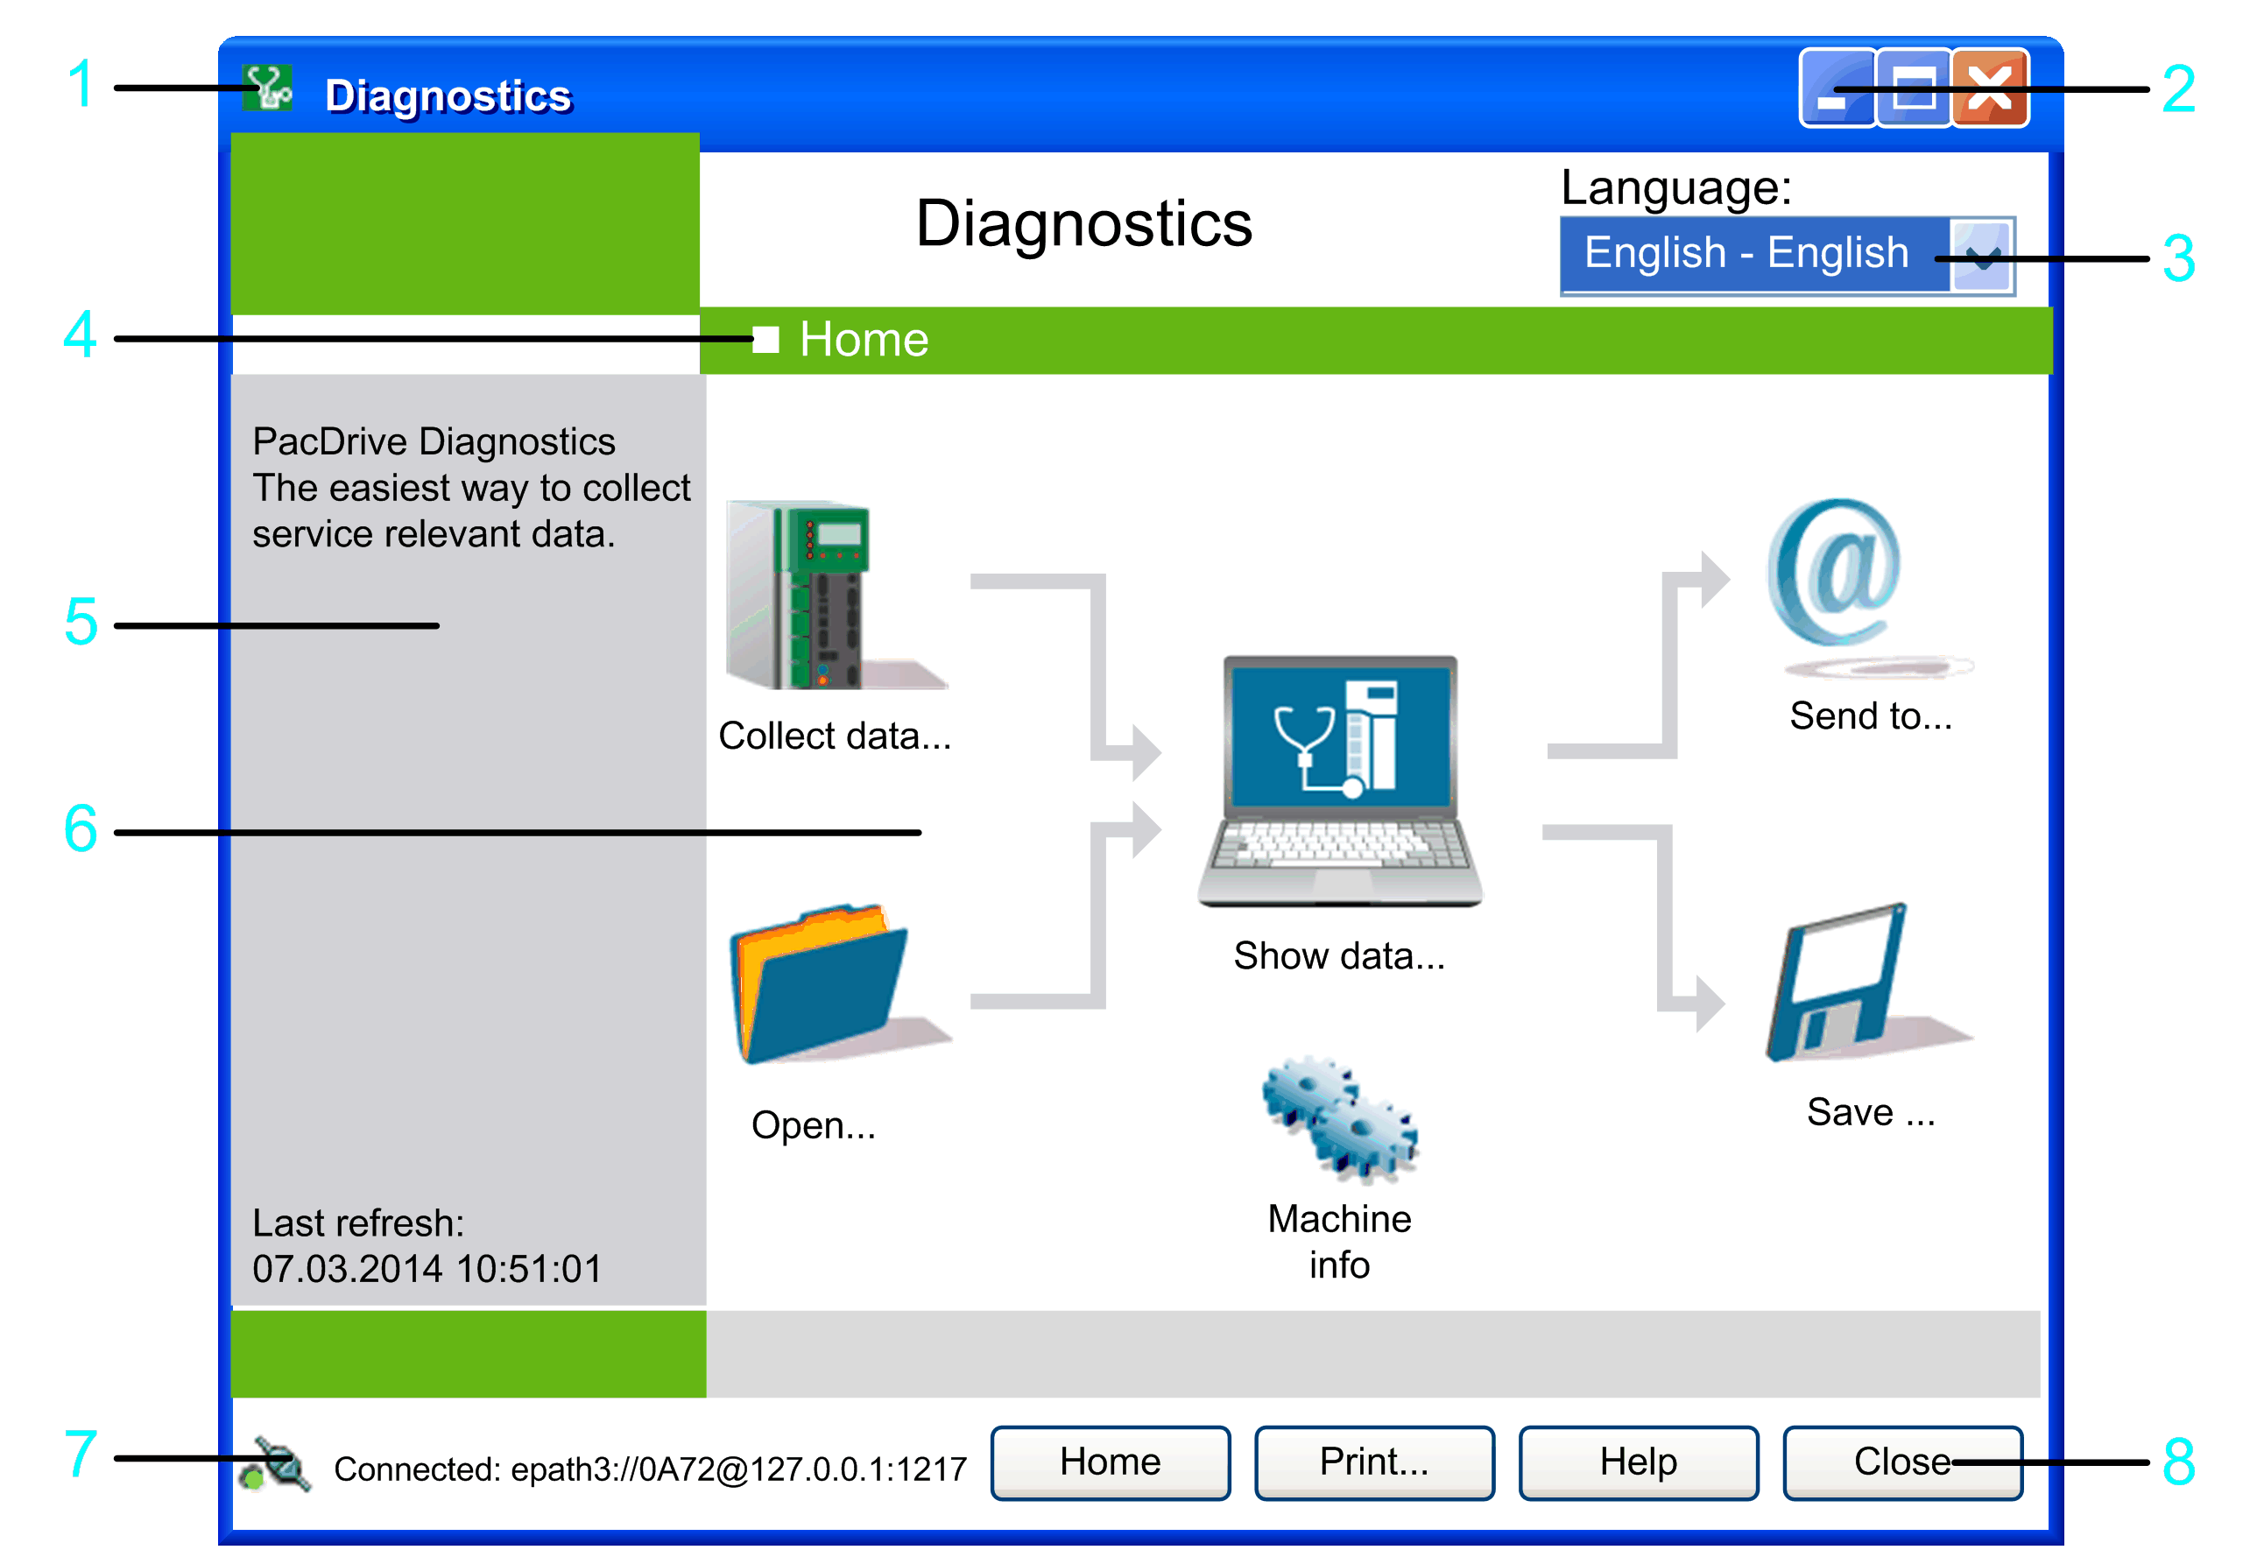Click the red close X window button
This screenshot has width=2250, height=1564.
1989,89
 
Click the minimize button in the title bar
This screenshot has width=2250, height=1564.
1837,89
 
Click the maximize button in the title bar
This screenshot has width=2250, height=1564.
1913,89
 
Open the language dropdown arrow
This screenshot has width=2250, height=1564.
1980,256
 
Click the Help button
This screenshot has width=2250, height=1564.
1639,1462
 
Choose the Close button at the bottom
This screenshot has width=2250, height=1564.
1902,1462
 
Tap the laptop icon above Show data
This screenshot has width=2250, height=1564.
1340,781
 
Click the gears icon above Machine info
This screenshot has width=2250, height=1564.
1340,1120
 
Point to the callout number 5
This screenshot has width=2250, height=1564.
81,623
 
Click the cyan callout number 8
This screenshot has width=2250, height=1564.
2178,1462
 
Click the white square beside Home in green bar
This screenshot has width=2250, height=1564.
765,340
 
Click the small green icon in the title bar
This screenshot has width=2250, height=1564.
267,88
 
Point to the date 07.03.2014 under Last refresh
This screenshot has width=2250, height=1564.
348,1269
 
